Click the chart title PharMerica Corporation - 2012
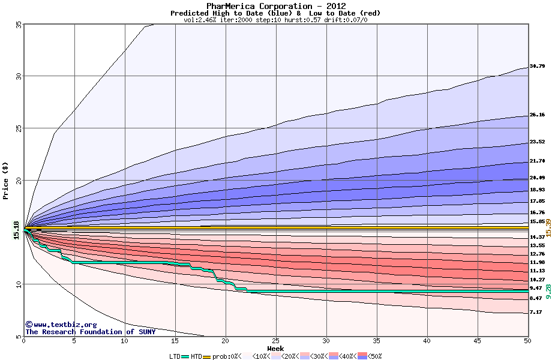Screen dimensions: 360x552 tap(275, 6)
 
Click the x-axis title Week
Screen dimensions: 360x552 tap(275, 348)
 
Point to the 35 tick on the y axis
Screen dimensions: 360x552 tap(18, 25)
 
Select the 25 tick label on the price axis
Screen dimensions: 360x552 tap(18, 128)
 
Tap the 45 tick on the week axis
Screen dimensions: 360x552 tap(477, 341)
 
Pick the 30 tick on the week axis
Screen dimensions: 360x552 tap(326, 341)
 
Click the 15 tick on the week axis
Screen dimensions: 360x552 tap(175, 341)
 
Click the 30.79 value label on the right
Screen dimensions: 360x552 tap(537, 66)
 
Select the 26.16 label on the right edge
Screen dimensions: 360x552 tap(537, 115)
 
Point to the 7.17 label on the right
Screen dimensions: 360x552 tap(536, 312)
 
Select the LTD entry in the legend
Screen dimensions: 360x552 tap(175, 356)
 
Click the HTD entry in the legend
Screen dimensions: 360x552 tap(196, 356)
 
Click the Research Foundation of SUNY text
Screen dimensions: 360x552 tap(90, 332)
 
